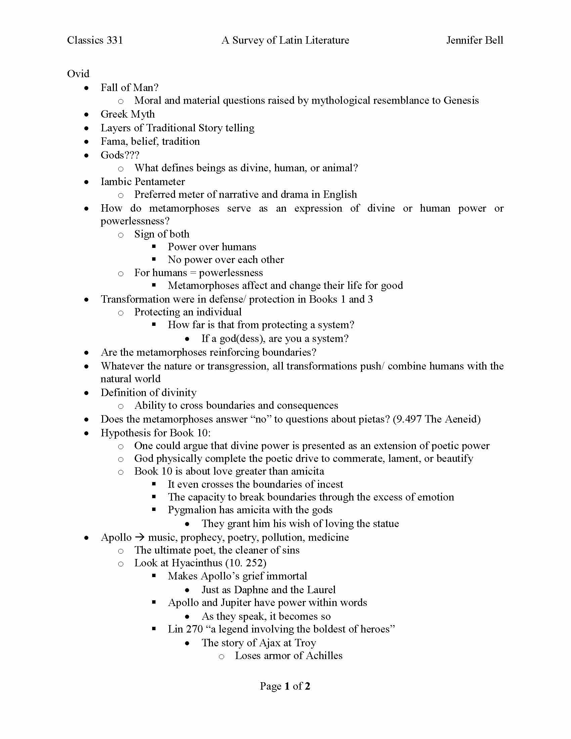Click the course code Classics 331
[95, 40]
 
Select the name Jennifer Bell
[474, 40]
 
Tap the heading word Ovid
[78, 74]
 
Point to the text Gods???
[120, 155]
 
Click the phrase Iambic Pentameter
[142, 182]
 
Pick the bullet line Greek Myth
[128, 114]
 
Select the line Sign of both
[162, 234]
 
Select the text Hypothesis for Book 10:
[156, 433]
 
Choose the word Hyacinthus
[197, 563]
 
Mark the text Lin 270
[185, 629]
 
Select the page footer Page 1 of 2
[285, 686]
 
